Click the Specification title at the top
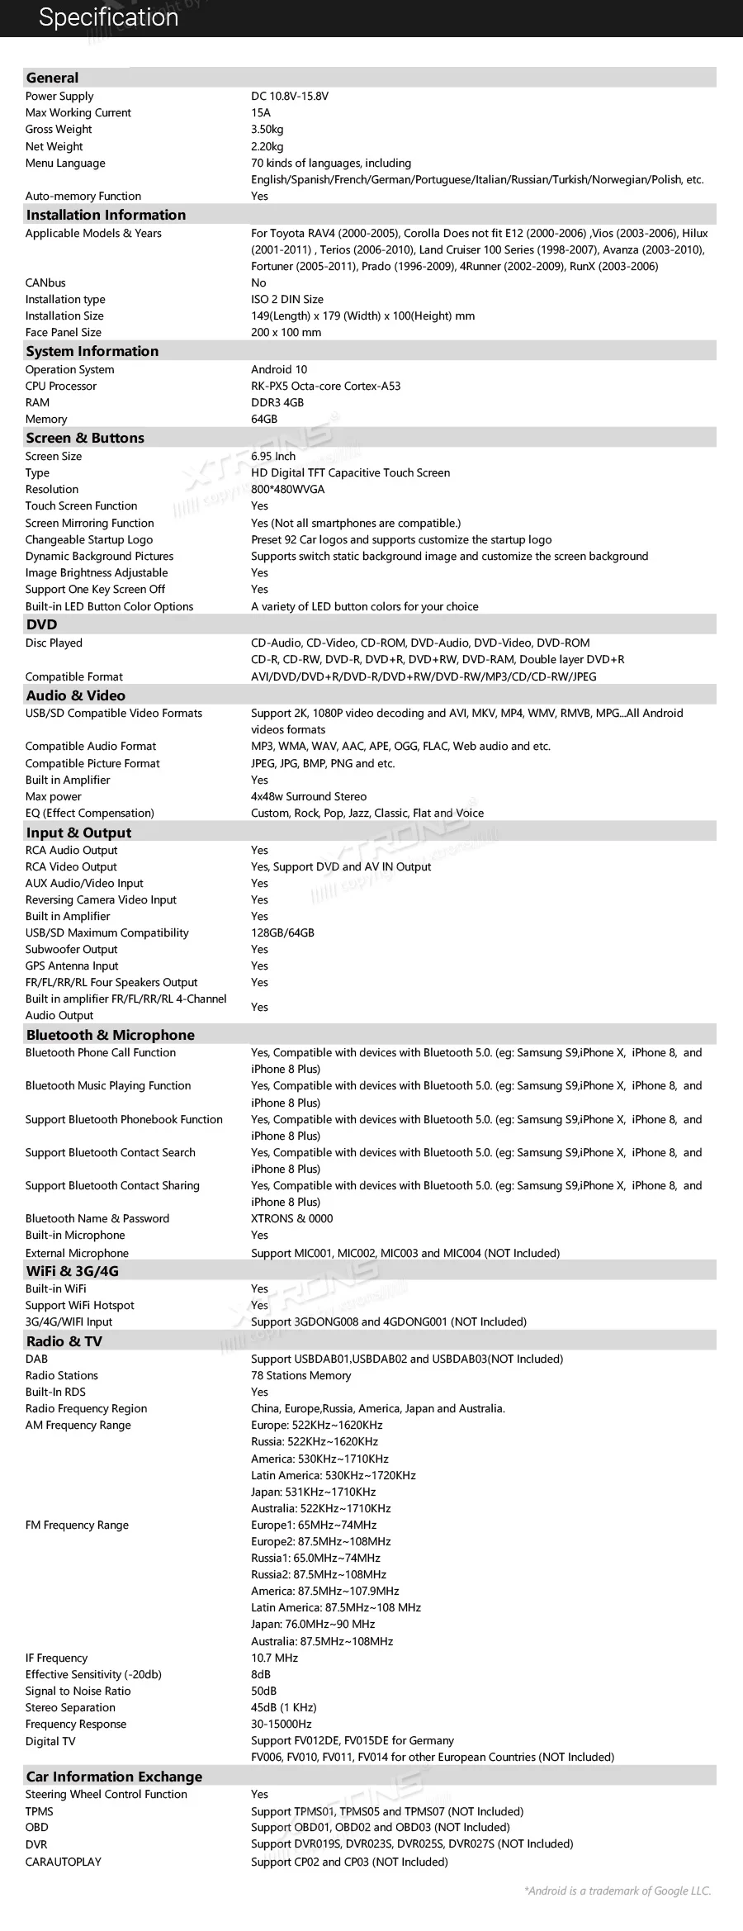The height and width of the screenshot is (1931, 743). [x=108, y=17]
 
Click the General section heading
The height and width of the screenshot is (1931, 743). [x=52, y=78]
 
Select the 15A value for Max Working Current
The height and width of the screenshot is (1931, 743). [x=261, y=113]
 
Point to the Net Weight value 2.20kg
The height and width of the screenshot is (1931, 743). [x=267, y=147]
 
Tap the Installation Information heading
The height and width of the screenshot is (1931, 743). [x=106, y=215]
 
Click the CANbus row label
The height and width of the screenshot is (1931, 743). [x=45, y=283]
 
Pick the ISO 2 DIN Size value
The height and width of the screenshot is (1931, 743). [x=287, y=300]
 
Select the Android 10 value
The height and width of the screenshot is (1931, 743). [x=279, y=370]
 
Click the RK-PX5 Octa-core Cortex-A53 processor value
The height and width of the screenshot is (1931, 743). [x=325, y=387]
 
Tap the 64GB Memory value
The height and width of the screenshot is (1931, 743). [x=264, y=420]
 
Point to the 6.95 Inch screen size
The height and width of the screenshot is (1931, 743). [x=273, y=457]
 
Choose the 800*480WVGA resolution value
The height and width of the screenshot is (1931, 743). [x=288, y=490]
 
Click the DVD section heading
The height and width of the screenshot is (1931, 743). [x=41, y=624]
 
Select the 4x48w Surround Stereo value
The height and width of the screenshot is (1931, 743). [x=309, y=797]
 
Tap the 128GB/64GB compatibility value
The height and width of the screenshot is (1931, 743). [x=282, y=933]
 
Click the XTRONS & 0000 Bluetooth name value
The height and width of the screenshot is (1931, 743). [x=292, y=1219]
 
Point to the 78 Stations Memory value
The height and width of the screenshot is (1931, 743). [x=301, y=1376]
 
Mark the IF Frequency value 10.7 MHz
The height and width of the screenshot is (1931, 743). [x=275, y=1658]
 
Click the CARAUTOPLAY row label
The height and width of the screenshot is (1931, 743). [x=64, y=1862]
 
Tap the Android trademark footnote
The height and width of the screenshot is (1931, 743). [x=618, y=1891]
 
